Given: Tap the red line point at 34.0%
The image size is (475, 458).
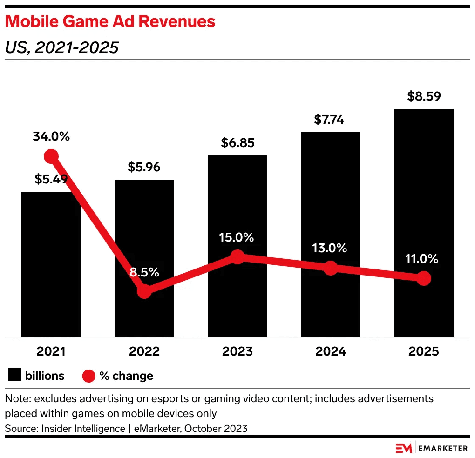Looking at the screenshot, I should click(x=51, y=156).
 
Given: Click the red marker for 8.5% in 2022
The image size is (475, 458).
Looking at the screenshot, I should click(x=144, y=291).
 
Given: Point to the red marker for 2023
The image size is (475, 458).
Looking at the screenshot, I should click(x=237, y=256).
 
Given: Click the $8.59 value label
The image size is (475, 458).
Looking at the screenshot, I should click(x=424, y=96).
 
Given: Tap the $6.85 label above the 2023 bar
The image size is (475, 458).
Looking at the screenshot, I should click(x=237, y=143).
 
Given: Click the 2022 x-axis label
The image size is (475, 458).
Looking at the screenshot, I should click(x=144, y=351).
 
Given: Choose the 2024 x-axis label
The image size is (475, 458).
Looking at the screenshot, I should click(x=330, y=351).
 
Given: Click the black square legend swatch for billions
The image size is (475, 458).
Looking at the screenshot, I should click(x=15, y=375).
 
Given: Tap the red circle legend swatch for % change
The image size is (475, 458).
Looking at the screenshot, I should click(x=88, y=376).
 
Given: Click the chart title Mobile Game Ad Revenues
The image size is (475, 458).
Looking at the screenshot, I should click(x=110, y=21).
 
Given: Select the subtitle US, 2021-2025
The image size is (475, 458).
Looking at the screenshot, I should click(x=61, y=47).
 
